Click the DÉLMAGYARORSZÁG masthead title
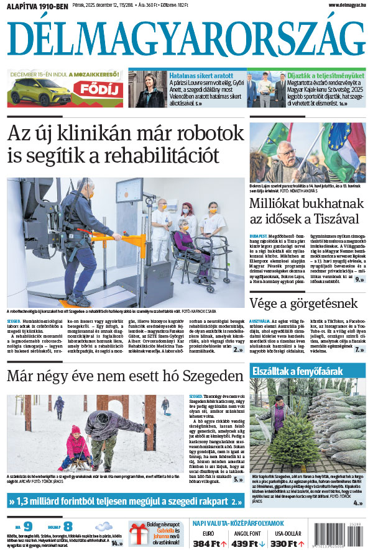[186, 38]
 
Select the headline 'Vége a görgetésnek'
[303, 303]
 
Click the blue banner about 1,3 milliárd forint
[124, 500]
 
